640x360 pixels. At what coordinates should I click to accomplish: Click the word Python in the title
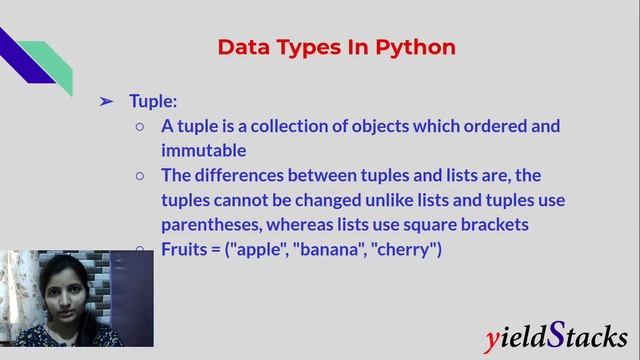pos(416,47)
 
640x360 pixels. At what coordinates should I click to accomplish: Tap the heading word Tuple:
pos(153,101)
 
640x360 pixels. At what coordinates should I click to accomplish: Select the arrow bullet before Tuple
pos(106,101)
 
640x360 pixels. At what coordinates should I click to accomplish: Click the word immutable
pos(203,151)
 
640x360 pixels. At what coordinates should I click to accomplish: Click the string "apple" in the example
pos(259,249)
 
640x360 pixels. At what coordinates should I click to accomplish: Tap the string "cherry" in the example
pos(405,249)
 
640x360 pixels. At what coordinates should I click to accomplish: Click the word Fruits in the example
pos(185,249)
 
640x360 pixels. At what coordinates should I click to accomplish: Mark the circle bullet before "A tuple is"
pos(140,127)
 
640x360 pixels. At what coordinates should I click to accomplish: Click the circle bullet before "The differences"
pos(140,176)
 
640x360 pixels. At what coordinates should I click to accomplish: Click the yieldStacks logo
pos(555,338)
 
